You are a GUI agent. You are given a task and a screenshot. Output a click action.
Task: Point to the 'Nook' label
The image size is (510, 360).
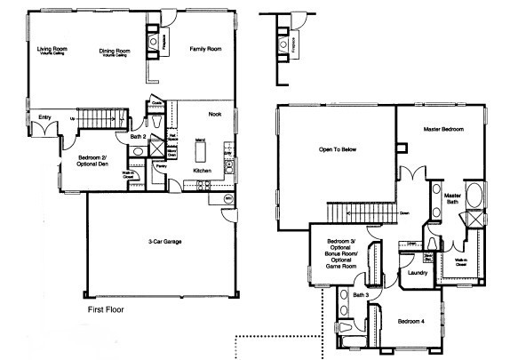point(215,114)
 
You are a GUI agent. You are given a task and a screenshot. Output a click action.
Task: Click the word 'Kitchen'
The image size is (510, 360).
point(202,170)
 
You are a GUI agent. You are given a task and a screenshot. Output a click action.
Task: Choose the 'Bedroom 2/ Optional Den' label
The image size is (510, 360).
point(86,162)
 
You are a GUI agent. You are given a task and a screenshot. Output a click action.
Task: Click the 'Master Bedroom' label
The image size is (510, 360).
point(442,131)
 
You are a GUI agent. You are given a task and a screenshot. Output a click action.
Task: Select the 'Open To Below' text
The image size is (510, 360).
point(337,149)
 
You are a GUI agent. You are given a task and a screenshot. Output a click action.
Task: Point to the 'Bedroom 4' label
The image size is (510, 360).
point(410,320)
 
